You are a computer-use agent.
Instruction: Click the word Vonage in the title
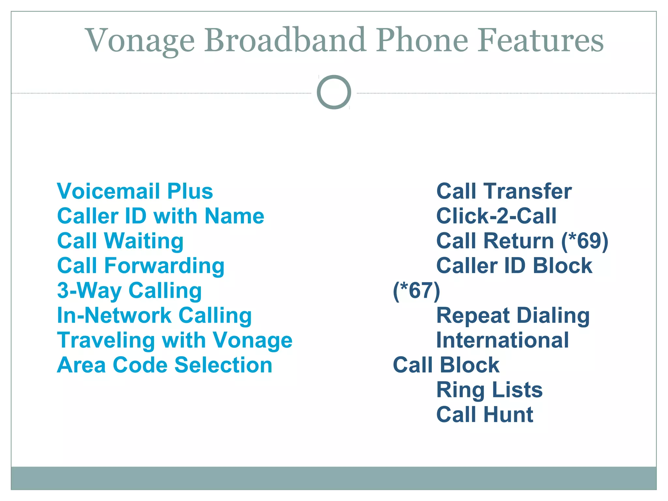[x=140, y=41]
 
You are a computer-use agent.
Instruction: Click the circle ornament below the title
[x=334, y=92]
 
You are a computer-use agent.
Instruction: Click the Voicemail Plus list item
[x=135, y=191]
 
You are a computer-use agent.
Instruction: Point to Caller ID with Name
[x=160, y=216]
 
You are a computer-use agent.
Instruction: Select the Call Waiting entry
[x=120, y=241]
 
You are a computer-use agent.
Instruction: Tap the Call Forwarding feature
[x=141, y=266]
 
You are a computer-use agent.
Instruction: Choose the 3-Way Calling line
[x=129, y=291]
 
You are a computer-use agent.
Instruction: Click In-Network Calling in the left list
[x=154, y=315]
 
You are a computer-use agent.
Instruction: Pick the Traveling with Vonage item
[x=175, y=340]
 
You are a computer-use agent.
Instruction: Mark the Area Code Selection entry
[x=164, y=365]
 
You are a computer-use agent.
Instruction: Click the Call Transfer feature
[x=504, y=191]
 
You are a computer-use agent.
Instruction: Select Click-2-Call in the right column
[x=496, y=216]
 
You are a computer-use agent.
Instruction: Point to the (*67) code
[x=417, y=291]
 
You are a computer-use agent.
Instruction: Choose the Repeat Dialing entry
[x=513, y=315]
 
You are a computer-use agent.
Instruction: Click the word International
[x=503, y=340]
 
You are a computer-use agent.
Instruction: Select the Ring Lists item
[x=489, y=390]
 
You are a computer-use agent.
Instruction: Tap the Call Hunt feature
[x=485, y=415]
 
